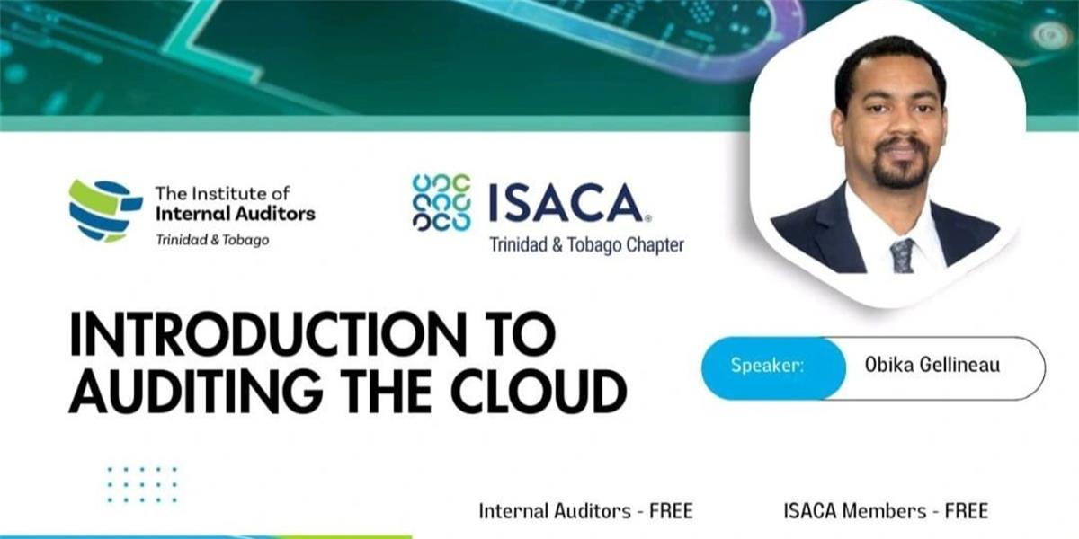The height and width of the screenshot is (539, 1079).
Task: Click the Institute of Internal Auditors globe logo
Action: click(x=105, y=211)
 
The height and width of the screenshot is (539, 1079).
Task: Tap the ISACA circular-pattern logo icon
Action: click(x=441, y=202)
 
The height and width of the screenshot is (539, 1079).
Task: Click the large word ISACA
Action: click(x=566, y=203)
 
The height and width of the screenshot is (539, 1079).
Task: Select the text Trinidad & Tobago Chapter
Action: click(x=586, y=245)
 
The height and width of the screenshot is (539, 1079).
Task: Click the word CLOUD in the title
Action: click(x=539, y=391)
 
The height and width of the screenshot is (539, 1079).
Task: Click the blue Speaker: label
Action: click(x=767, y=365)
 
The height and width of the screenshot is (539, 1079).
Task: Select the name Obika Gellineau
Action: click(x=932, y=365)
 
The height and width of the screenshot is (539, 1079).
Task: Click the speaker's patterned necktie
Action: click(x=902, y=256)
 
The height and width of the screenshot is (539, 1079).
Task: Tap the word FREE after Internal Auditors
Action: click(x=671, y=511)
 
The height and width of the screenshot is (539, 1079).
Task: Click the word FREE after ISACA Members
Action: click(x=967, y=511)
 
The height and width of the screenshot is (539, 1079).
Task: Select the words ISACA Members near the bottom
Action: click(x=855, y=511)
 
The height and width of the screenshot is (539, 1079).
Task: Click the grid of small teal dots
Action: click(x=142, y=484)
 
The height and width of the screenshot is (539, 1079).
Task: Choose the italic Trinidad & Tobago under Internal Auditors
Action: click(x=212, y=240)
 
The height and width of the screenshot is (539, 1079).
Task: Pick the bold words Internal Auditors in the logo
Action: click(x=236, y=214)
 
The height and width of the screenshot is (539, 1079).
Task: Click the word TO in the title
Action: click(x=525, y=334)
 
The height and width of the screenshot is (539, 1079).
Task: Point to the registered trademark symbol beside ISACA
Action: click(x=648, y=218)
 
